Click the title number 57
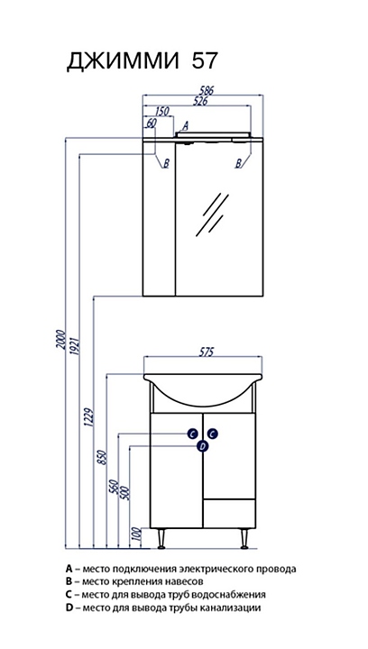(x=204, y=60)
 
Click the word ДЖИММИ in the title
(x=124, y=61)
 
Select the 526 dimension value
(x=200, y=101)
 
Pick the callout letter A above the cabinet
(x=186, y=125)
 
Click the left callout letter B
(x=166, y=163)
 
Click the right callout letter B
(x=238, y=163)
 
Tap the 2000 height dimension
(x=61, y=340)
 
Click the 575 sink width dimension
(x=207, y=352)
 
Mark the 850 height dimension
(x=104, y=457)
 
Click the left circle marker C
(x=192, y=434)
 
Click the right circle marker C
(x=212, y=434)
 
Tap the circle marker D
(x=202, y=446)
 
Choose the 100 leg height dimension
(x=138, y=537)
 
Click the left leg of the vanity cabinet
(x=161, y=538)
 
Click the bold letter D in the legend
(x=69, y=608)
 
